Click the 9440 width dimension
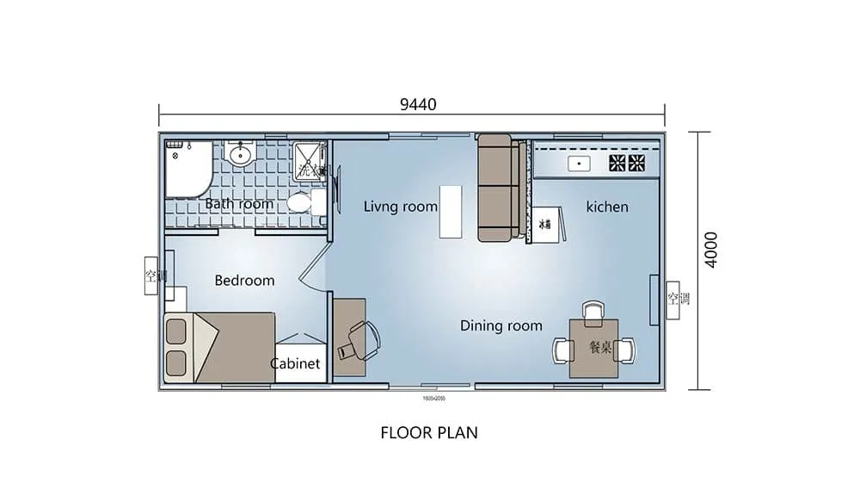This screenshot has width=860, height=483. pyautogui.click(x=418, y=105)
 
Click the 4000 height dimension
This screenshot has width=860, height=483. pyautogui.click(x=710, y=250)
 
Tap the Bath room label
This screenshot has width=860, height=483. pyautogui.click(x=239, y=204)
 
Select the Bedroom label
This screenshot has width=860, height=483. pyautogui.click(x=244, y=281)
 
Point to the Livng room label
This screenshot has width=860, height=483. pyautogui.click(x=400, y=207)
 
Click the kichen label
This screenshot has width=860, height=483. pyautogui.click(x=607, y=207)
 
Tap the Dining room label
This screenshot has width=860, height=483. pyautogui.click(x=501, y=325)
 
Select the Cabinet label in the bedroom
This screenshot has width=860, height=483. pyautogui.click(x=295, y=363)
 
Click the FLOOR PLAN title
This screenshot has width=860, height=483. pyautogui.click(x=429, y=432)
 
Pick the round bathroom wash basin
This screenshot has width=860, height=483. pyautogui.click(x=242, y=156)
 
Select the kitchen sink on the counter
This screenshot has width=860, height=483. pyautogui.click(x=579, y=163)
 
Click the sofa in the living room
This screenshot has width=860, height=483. pyautogui.click(x=497, y=187)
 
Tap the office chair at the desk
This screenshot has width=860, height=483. pyautogui.click(x=359, y=339)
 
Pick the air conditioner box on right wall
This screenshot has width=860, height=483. pyautogui.click(x=673, y=300)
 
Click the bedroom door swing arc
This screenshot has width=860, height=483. pyautogui.click(x=310, y=267)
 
